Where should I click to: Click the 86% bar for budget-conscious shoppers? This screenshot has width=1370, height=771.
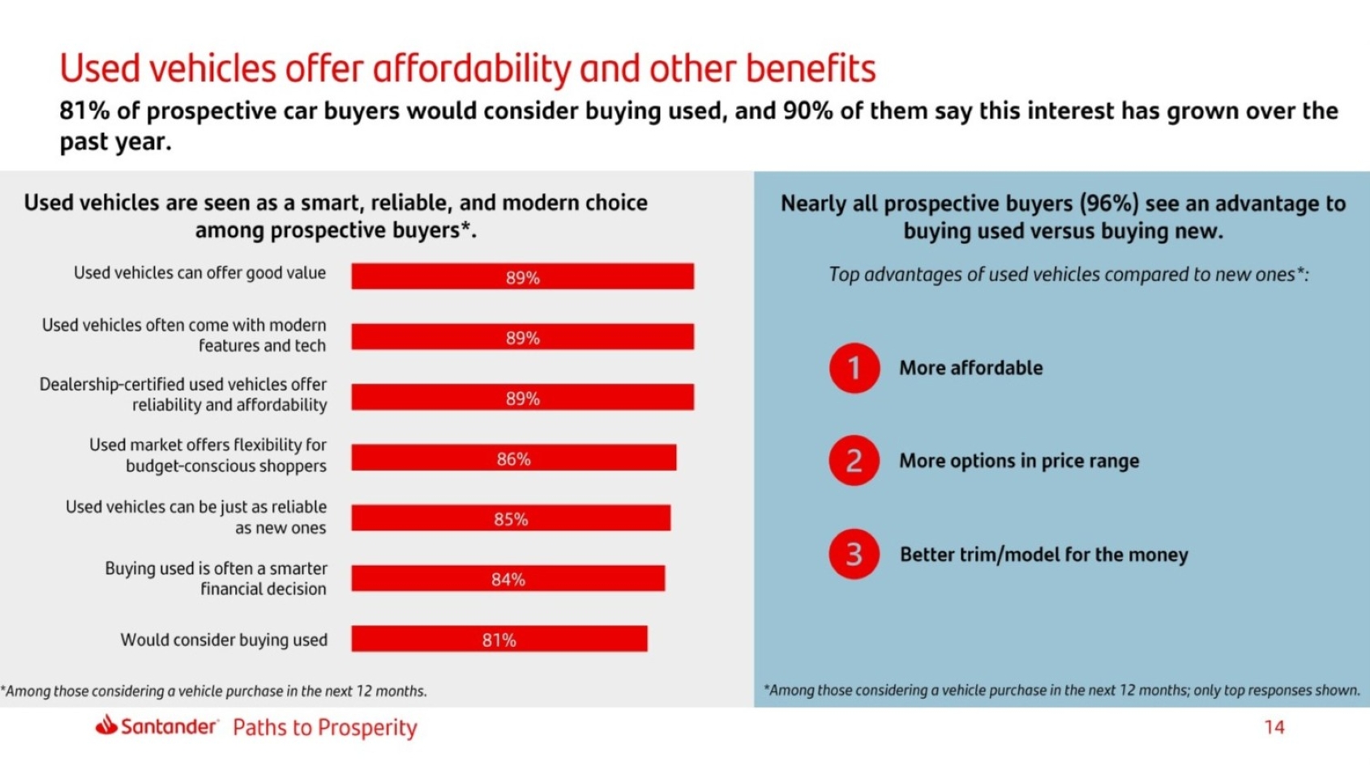point(513,458)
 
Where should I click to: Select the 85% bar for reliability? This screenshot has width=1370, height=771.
point(511,518)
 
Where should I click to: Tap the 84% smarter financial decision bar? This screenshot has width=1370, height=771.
point(507,579)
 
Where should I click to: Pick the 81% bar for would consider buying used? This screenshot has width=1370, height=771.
point(499,639)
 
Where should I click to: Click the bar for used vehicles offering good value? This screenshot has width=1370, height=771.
point(522,276)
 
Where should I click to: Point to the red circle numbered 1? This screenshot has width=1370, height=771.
point(854,368)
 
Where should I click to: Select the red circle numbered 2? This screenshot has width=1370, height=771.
point(854,460)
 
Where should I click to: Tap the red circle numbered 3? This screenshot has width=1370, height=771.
point(854,555)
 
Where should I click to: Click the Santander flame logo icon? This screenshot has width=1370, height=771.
point(106,725)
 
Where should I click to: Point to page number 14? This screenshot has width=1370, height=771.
point(1274,727)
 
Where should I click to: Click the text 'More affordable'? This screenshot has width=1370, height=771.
point(970,368)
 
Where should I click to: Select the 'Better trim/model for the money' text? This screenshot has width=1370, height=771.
point(1043,555)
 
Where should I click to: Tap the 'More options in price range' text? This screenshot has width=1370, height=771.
point(1019,461)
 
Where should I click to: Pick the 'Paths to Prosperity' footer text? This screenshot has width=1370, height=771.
point(324,727)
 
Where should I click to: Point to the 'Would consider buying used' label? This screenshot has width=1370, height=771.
point(224,640)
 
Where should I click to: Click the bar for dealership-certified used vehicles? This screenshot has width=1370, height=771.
point(522,397)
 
